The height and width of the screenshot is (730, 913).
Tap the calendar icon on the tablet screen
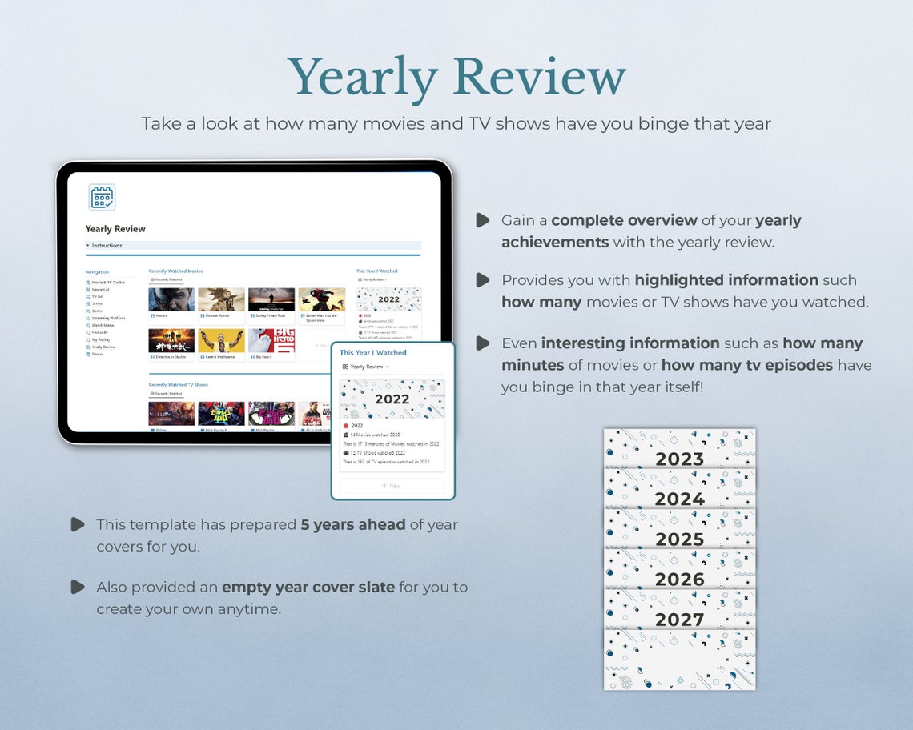pyautogui.click(x=102, y=197)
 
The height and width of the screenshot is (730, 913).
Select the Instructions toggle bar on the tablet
pyautogui.click(x=253, y=246)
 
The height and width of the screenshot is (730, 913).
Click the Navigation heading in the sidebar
pyautogui.click(x=97, y=272)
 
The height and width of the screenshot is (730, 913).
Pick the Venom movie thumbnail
pyautogui.click(x=171, y=299)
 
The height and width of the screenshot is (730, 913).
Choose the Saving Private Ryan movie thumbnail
pyautogui.click(x=271, y=299)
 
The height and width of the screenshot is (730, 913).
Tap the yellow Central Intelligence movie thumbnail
pyautogui.click(x=221, y=341)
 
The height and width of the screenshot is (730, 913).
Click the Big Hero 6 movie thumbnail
pyautogui.click(x=271, y=341)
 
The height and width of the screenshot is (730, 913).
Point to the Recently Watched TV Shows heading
pyautogui.click(x=179, y=385)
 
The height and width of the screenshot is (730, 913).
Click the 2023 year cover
pyautogui.click(x=679, y=449)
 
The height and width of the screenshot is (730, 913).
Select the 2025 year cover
pyautogui.click(x=679, y=529)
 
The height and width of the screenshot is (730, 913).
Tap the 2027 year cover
pyautogui.click(x=679, y=609)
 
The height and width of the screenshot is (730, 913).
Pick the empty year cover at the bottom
pyautogui.click(x=679, y=660)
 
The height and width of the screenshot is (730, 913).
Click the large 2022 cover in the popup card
pyautogui.click(x=392, y=399)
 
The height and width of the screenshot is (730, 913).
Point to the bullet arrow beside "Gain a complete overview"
pyautogui.click(x=482, y=220)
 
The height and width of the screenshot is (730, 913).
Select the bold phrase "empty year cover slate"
pyautogui.click(x=308, y=588)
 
